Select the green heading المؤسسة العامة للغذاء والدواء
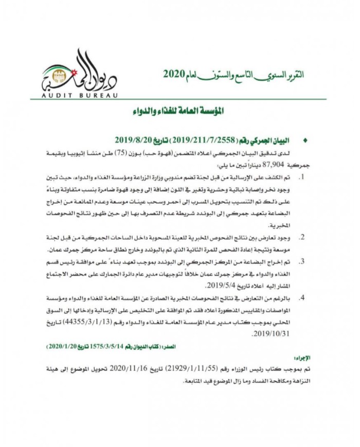coord(179,111)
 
